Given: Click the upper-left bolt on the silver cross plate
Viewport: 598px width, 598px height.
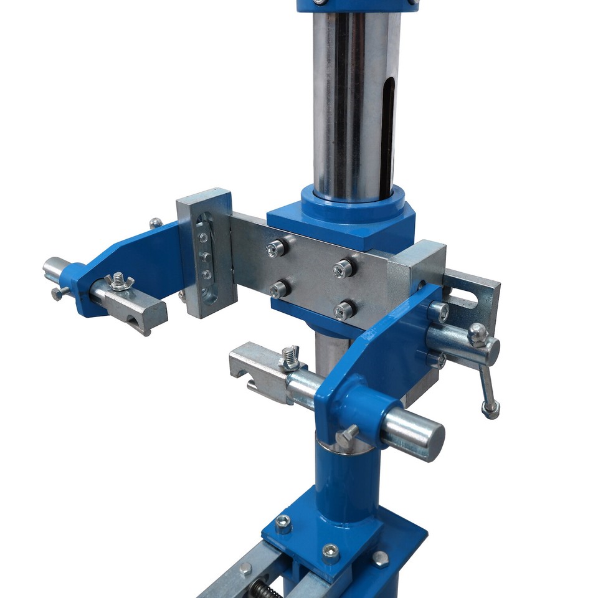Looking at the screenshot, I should coord(275,249).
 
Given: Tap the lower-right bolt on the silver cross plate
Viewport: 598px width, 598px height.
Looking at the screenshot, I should coord(342,311).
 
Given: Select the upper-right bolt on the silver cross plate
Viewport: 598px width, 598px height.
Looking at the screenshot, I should coord(343,268).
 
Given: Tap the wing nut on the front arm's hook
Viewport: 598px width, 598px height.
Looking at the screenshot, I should coord(290,357).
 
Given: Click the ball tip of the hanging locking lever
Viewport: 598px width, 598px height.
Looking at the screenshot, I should coord(490,409).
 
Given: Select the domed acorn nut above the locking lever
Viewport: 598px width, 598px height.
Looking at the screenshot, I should coord(478,335).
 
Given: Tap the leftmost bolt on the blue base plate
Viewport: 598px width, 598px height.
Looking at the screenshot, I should coord(283,523).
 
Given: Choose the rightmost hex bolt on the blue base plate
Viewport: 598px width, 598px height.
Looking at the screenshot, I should coord(380,558).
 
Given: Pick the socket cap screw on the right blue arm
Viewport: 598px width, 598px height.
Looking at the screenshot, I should coord(439,311).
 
